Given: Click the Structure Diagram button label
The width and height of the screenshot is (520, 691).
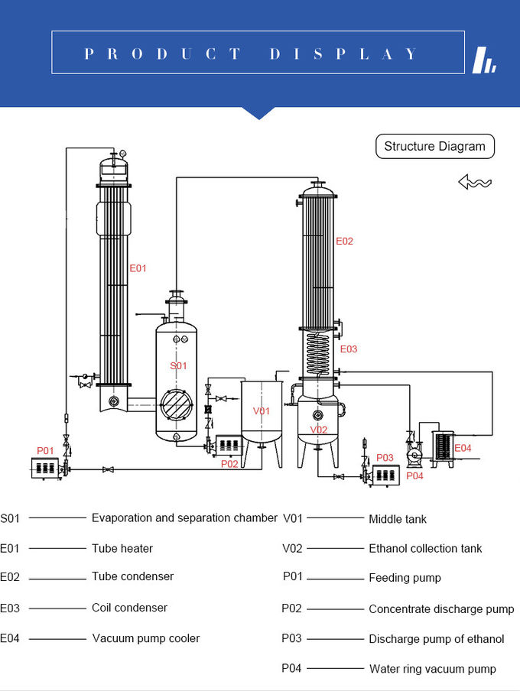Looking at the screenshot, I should click(x=434, y=146).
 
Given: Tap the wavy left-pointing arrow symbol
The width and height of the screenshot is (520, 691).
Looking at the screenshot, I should click(x=474, y=182).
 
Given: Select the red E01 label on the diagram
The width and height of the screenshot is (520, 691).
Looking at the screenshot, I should click(x=138, y=268).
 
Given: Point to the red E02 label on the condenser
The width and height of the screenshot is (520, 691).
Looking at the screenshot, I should click(x=345, y=241).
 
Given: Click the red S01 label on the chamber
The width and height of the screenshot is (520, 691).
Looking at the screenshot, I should click(x=178, y=366).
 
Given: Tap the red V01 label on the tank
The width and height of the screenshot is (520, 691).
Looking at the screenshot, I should click(x=262, y=411).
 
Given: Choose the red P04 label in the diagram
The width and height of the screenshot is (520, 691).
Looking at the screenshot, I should click(x=414, y=475).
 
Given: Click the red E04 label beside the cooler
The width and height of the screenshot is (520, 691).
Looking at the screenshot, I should click(x=463, y=448).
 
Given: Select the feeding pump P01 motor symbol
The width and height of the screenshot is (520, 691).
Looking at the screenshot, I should click(x=46, y=467).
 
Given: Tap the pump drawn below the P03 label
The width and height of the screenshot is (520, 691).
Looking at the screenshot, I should click(x=385, y=475).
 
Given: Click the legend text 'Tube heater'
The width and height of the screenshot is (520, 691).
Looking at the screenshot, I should click(x=122, y=548).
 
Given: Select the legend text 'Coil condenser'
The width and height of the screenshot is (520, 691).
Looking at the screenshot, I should click(x=129, y=608).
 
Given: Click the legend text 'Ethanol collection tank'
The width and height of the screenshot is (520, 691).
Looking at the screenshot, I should click(x=425, y=548).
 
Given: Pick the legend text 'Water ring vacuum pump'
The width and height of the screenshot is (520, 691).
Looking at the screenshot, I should click(x=432, y=669).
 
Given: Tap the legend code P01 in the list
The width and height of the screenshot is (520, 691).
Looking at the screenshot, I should click(x=293, y=577).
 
